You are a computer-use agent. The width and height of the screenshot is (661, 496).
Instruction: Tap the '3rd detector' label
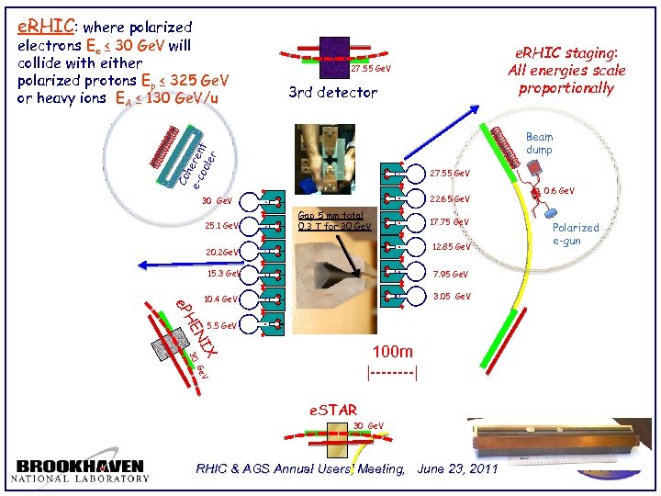[x=332, y=92]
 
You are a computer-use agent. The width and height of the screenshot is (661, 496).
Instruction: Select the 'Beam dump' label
[x=539, y=143]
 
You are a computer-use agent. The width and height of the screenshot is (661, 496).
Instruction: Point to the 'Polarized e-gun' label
[x=575, y=233]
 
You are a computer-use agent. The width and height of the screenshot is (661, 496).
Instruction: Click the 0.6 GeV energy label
[x=561, y=191]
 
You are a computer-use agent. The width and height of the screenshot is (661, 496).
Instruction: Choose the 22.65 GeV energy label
[x=450, y=198]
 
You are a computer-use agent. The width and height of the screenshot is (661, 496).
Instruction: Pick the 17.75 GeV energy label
[x=450, y=222]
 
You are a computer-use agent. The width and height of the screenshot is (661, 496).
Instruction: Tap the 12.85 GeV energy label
[x=451, y=246]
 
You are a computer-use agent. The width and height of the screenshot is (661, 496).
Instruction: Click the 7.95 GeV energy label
[x=449, y=274]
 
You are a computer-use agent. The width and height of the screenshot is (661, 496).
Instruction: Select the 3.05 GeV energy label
[x=451, y=297]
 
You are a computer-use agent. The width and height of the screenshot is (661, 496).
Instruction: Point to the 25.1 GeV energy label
[x=222, y=225]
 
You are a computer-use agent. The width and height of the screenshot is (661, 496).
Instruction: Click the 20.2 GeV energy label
[x=222, y=252]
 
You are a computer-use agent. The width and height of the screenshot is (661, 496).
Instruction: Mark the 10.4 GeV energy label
[x=222, y=299]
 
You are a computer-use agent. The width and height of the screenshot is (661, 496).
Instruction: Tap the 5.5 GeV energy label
[x=223, y=326]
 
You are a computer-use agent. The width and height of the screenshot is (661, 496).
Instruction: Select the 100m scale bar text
[x=393, y=352]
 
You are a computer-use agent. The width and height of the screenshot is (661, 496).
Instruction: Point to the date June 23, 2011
[x=457, y=469]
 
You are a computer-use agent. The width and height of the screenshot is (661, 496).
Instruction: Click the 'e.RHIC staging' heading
[x=566, y=54]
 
